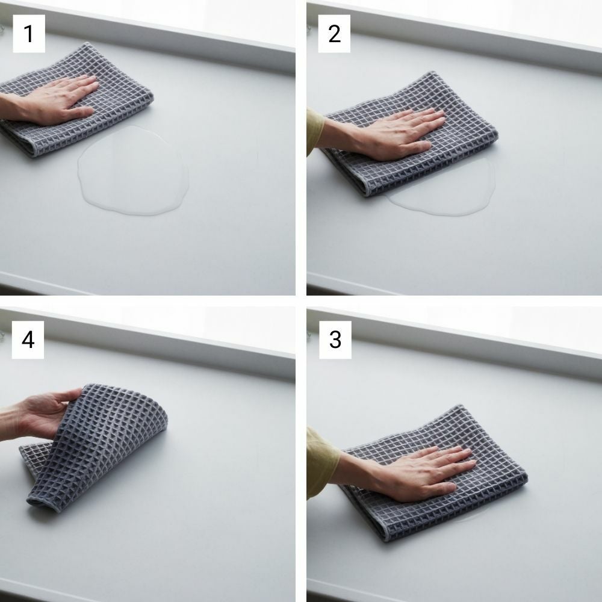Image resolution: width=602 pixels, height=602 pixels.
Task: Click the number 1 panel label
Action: pos(29,34)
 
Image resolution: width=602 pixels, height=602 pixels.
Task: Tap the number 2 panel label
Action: pos(334,34)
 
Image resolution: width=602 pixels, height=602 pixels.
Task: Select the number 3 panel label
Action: pos(335,340)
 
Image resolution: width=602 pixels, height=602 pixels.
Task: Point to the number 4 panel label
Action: pos(28,340)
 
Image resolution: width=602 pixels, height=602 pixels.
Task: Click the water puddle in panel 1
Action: pos(133,171)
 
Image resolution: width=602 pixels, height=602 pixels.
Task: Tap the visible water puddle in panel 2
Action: pos(445,192)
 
